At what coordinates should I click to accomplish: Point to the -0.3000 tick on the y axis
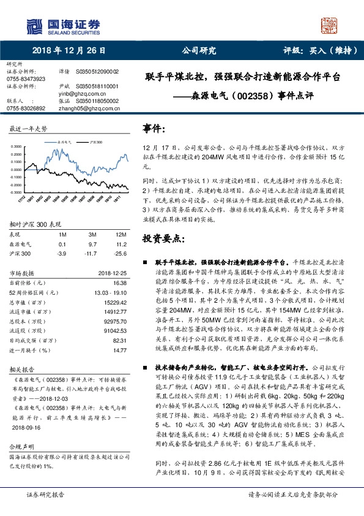point(18,192)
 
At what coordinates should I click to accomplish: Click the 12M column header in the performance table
point(121,235)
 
